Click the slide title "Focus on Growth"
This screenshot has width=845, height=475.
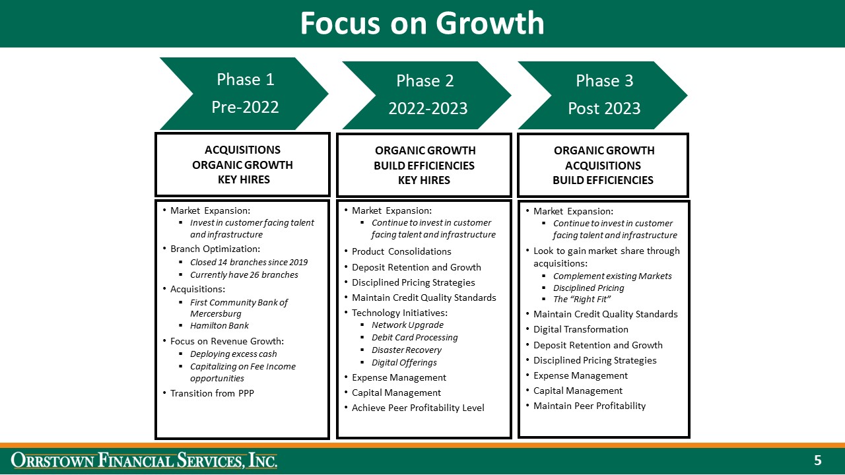pos(422,24)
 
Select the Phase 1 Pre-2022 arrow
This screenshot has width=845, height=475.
pos(244,93)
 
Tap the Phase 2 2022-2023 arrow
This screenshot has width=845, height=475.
pos(426,94)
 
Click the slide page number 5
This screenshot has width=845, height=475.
pos(818,460)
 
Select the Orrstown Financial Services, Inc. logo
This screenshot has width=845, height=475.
pos(145,460)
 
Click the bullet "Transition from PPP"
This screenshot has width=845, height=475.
pos(212,393)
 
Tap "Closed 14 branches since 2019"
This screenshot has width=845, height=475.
pos(249,262)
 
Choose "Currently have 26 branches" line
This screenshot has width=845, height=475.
pos(244,274)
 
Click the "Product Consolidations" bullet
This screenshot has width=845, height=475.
pos(401,251)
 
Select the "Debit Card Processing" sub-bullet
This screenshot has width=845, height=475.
pos(415,337)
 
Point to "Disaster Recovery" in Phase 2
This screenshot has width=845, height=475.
pos(406,350)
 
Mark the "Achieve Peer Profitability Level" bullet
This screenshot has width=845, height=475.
pos(418,408)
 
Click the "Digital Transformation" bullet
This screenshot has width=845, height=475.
pos(581,329)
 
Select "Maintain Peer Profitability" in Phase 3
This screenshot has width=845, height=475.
pos(590,406)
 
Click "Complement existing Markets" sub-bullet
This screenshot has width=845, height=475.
pos(612,276)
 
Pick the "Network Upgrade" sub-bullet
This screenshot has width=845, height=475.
pos(407,325)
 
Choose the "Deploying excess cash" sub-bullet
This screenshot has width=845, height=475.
pos(234,354)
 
